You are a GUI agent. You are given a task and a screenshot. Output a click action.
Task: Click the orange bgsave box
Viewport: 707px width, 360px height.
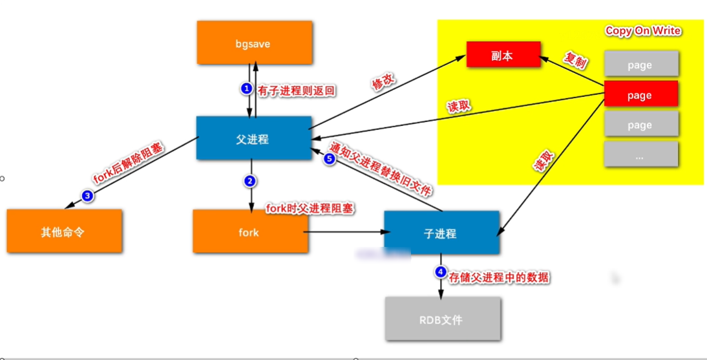pyautogui.click(x=253, y=44)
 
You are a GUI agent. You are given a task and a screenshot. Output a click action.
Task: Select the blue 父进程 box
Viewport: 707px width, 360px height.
pyautogui.click(x=253, y=138)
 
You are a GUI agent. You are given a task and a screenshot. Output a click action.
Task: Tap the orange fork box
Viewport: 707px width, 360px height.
pyautogui.click(x=249, y=231)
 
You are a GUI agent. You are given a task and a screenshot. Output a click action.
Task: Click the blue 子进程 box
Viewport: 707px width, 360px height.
pyautogui.click(x=441, y=233)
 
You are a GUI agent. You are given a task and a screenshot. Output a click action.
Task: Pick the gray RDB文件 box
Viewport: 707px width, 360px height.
pyautogui.click(x=442, y=319)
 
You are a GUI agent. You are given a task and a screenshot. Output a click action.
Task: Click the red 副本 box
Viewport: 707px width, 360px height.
pyautogui.click(x=502, y=56)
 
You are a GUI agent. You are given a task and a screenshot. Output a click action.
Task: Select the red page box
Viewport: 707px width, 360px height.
pyautogui.click(x=640, y=95)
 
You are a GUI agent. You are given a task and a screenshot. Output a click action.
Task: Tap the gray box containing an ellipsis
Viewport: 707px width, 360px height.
pyautogui.click(x=640, y=156)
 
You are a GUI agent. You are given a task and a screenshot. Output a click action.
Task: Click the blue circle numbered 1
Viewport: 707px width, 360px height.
pyautogui.click(x=246, y=89)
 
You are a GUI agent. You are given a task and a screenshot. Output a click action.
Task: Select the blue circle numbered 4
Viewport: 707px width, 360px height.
pyautogui.click(x=441, y=272)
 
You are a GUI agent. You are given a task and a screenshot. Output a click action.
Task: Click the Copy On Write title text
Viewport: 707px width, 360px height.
pyautogui.click(x=643, y=31)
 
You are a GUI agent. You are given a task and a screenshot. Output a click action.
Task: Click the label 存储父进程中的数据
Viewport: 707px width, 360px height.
pyautogui.click(x=500, y=277)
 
